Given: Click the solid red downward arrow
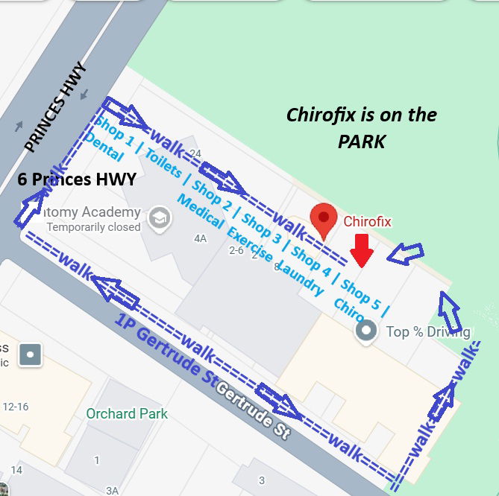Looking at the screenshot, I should tap(362, 250).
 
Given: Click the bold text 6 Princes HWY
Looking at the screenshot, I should tap(77, 179).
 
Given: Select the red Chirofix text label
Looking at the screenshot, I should tap(367, 221).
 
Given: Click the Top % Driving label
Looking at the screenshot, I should tap(427, 331).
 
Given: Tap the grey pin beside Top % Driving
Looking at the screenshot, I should tap(365, 330).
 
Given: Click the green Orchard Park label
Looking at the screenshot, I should tap(127, 414).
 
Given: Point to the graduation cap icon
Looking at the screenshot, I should tap(160, 217).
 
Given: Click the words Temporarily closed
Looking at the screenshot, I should tap(93, 227).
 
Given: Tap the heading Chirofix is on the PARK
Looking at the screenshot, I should tap(362, 127).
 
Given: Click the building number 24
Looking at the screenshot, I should tap(195, 153).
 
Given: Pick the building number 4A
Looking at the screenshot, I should tap(200, 238).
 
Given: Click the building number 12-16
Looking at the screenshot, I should tap(15, 407).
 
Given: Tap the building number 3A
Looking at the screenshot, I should tap(112, 490).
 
